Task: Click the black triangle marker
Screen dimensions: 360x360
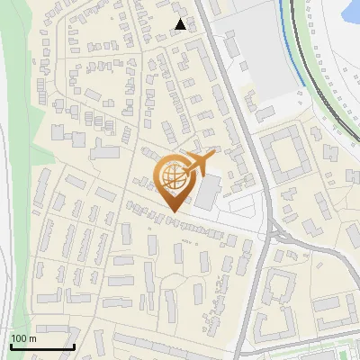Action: (x=181, y=24)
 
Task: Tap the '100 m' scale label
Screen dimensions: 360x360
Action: (x=23, y=338)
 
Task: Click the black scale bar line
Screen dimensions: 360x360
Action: (x=41, y=346)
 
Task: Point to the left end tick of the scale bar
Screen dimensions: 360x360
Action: (x=10, y=345)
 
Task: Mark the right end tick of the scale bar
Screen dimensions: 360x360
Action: (x=74, y=345)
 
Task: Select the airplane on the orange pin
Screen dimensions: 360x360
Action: (x=198, y=163)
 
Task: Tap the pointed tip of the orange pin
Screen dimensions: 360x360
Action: (x=172, y=211)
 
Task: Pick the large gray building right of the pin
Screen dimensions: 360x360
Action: (x=208, y=191)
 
